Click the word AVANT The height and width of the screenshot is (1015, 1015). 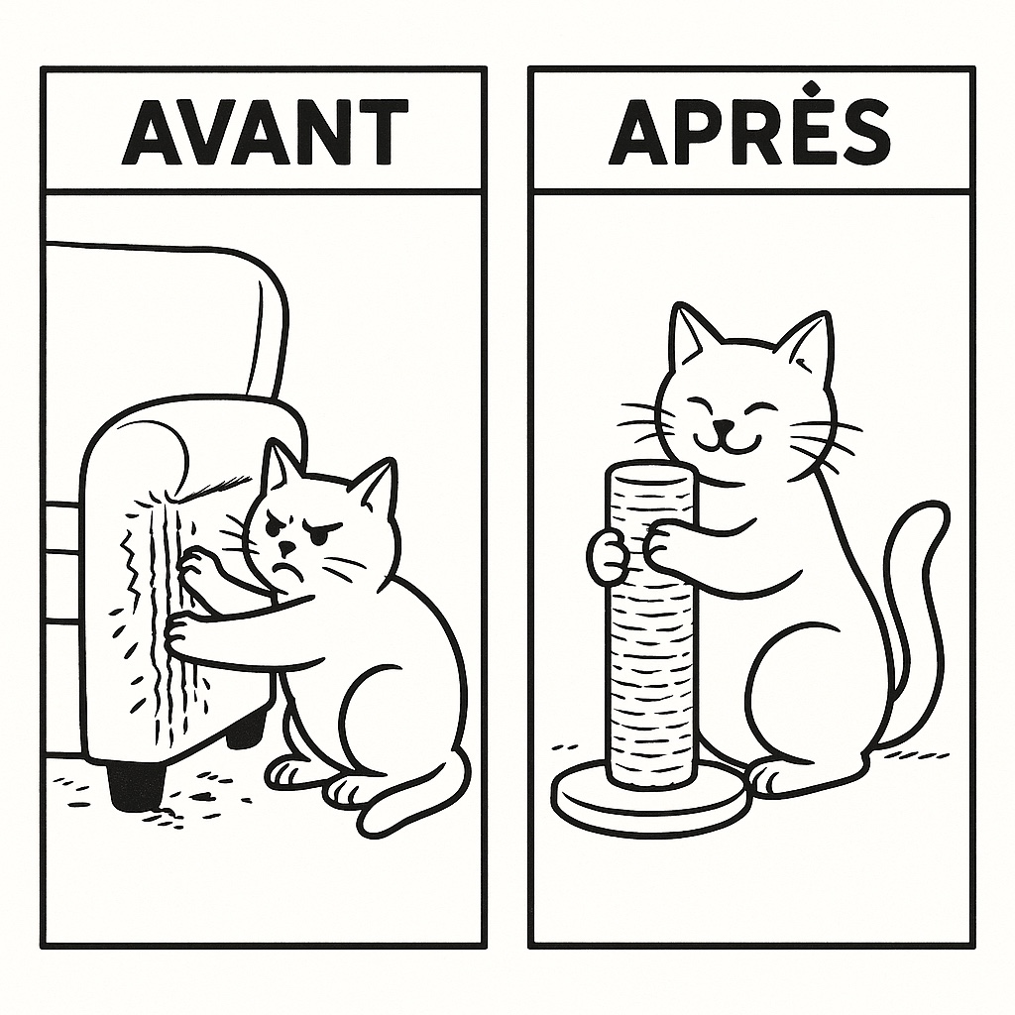pyautogui.click(x=266, y=132)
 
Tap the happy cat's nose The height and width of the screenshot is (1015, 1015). pyautogui.click(x=724, y=427)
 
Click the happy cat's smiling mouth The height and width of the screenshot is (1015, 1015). pyautogui.click(x=725, y=444)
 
